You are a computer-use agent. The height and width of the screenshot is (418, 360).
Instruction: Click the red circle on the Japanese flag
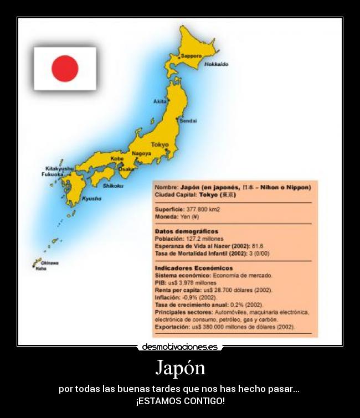[x=65, y=69]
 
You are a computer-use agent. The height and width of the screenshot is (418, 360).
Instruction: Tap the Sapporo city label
[x=191, y=56]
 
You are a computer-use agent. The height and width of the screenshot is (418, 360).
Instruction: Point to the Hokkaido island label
[x=216, y=64]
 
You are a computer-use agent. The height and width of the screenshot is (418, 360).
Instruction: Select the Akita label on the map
[x=160, y=101]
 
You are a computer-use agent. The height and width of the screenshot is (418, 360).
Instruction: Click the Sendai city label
[x=188, y=121]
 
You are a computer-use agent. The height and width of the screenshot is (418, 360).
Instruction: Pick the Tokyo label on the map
[x=160, y=145]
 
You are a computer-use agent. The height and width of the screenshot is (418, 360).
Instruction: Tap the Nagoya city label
[x=141, y=153]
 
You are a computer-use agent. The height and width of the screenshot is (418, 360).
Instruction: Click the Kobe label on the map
[x=117, y=159]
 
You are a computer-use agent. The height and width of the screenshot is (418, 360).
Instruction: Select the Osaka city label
[x=127, y=169]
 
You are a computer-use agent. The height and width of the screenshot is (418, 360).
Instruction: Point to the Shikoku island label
[x=112, y=186]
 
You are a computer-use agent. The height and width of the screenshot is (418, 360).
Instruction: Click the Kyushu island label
[x=91, y=198]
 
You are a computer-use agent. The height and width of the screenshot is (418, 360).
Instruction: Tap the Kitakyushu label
[x=59, y=168]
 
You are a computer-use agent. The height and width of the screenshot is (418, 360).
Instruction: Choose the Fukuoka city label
[x=53, y=174]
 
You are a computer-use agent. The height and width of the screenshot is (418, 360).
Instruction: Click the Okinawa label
[x=50, y=263]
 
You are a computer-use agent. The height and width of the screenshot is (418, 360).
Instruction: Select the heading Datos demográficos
[x=186, y=231]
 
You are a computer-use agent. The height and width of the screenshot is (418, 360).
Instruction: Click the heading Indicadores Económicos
[x=193, y=268]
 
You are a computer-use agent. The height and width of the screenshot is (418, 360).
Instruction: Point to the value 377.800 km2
[x=202, y=209]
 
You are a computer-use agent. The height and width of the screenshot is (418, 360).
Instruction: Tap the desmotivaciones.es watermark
[x=179, y=347]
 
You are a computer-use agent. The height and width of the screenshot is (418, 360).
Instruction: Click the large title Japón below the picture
[x=180, y=368]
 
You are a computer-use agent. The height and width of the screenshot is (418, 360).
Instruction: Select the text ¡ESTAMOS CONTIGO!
[x=180, y=400]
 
